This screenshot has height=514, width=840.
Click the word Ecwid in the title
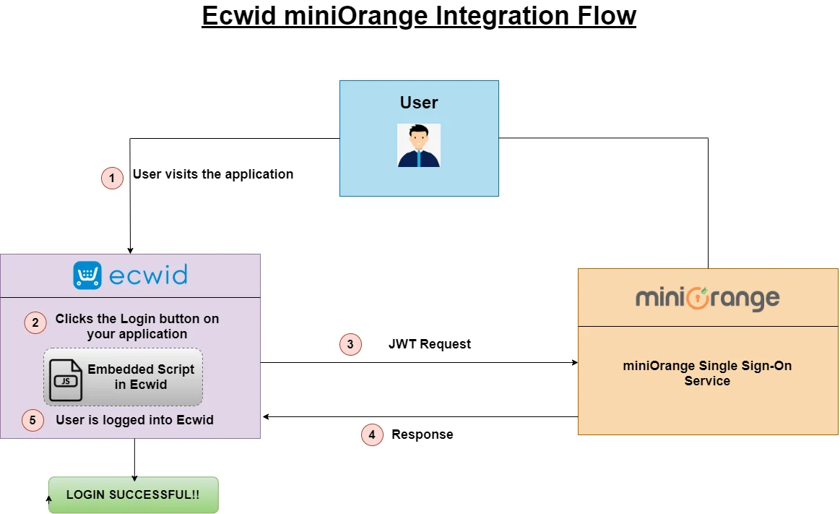238,16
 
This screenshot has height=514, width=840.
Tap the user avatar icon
419,145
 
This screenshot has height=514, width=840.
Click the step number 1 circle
112,178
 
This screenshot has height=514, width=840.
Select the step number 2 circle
35,322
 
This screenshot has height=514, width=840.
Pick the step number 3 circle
350,344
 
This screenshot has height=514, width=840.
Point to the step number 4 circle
372,434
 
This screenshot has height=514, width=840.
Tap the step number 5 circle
33,420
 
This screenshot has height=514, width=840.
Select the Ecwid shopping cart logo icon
87,275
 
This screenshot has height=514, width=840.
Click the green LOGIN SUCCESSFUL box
134,495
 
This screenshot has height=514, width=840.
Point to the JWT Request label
429,344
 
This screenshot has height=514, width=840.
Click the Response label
422,434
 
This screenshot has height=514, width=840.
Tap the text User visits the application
213,174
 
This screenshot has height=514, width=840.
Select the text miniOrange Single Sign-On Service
707,373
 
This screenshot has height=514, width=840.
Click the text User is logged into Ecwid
134,420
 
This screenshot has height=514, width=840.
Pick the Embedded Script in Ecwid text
141,377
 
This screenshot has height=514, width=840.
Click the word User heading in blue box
419,103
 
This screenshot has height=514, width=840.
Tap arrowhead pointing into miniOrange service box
573,362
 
